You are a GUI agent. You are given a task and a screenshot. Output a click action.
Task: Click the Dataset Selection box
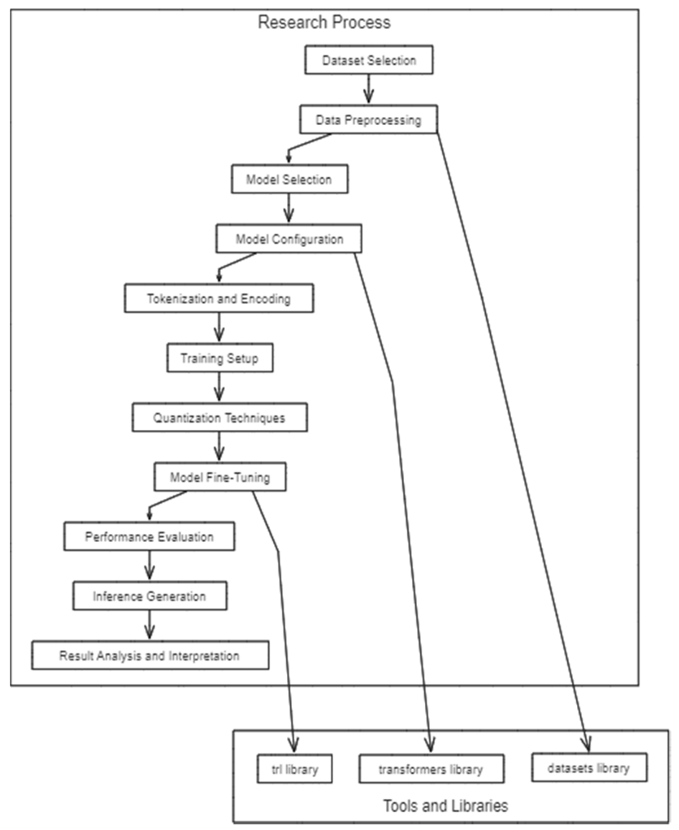pyautogui.click(x=370, y=60)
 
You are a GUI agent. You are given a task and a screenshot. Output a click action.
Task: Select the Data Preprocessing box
pyautogui.click(x=368, y=120)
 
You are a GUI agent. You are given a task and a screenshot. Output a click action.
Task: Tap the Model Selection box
pyautogui.click(x=289, y=179)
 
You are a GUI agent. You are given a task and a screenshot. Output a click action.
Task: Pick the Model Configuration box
pyautogui.click(x=289, y=239)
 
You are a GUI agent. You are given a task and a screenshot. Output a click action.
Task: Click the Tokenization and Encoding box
pyautogui.click(x=219, y=299)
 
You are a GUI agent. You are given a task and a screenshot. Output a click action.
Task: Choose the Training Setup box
pyautogui.click(x=220, y=358)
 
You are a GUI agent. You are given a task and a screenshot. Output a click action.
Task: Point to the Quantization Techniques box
pyautogui.click(x=220, y=418)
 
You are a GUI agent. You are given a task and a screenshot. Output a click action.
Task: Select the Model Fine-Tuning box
pyautogui.click(x=220, y=477)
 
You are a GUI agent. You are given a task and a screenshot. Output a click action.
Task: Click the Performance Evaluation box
pyautogui.click(x=149, y=536)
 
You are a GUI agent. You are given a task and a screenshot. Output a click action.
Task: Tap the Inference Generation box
pyautogui.click(x=149, y=596)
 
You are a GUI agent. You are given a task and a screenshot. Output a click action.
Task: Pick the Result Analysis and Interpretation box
pyautogui.click(x=149, y=656)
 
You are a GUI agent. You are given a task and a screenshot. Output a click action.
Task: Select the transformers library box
pyautogui.click(x=431, y=770)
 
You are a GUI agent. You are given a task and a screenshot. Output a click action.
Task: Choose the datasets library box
pyautogui.click(x=589, y=768)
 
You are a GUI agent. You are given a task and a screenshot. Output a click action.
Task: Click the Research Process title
pyautogui.click(x=324, y=22)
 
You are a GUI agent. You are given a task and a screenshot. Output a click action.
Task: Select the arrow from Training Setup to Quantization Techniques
pyautogui.click(x=220, y=388)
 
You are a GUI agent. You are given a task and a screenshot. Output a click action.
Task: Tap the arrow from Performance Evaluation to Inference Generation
pyautogui.click(x=149, y=566)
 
